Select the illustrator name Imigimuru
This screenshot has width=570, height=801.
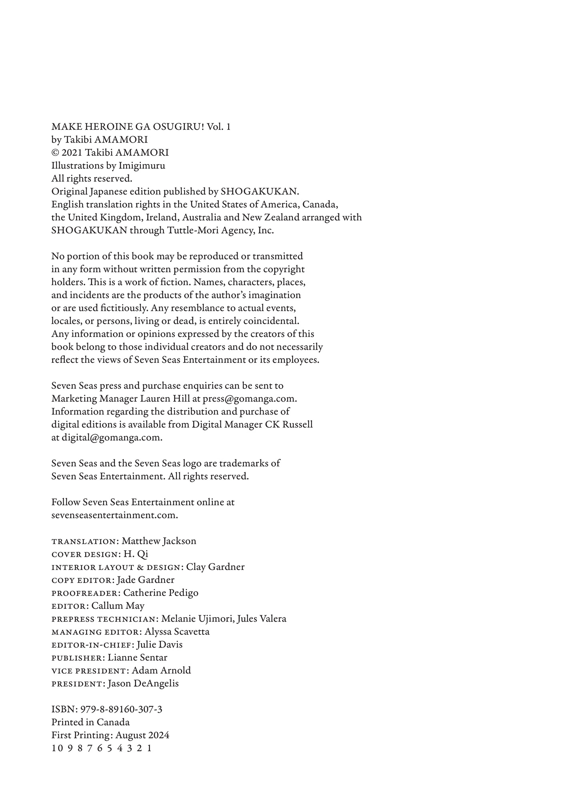click(142, 165)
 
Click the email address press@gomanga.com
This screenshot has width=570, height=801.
click(249, 398)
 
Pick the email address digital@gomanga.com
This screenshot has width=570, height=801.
click(112, 437)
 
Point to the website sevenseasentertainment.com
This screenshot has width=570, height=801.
click(114, 515)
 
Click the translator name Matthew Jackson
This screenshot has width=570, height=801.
click(159, 541)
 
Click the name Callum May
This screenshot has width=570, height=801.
click(118, 606)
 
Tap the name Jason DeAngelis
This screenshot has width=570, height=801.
click(143, 683)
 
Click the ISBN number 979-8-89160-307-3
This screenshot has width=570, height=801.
click(121, 709)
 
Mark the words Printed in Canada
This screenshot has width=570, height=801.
click(90, 722)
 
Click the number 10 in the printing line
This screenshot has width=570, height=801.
click(55, 748)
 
